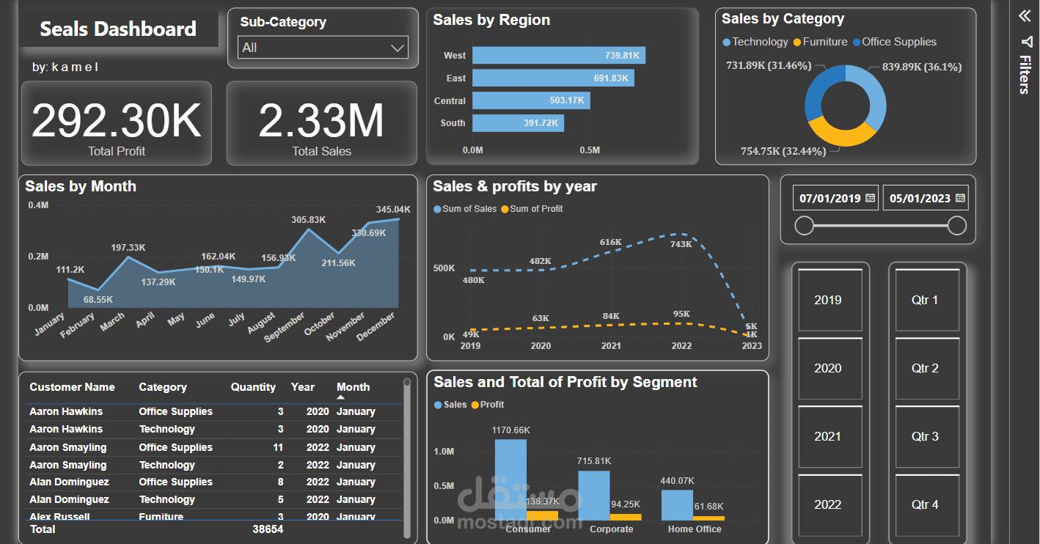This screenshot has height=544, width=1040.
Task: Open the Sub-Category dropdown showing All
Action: (x=322, y=48)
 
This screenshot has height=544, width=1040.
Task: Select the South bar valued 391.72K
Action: (x=518, y=122)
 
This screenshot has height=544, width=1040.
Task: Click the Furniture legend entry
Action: (x=824, y=42)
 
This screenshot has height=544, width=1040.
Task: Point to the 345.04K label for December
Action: (x=393, y=209)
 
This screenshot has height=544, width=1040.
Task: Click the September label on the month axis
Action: (x=285, y=327)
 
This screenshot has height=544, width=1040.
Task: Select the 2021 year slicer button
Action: (x=827, y=436)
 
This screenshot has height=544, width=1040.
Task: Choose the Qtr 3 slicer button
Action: (x=924, y=436)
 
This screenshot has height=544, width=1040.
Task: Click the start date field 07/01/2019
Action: (x=830, y=198)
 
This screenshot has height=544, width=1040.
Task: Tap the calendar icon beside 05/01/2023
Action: (x=960, y=198)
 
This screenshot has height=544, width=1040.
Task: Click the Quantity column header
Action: (x=253, y=387)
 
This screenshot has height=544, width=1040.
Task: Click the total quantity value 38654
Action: (x=268, y=529)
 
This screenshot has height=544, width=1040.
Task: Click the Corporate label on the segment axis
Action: (x=611, y=529)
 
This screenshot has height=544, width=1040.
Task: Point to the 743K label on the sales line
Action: (x=681, y=244)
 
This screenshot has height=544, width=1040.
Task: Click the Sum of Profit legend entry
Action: (x=536, y=209)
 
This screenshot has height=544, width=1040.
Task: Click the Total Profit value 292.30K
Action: (x=116, y=121)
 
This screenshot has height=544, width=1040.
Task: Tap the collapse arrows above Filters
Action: (x=1025, y=16)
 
